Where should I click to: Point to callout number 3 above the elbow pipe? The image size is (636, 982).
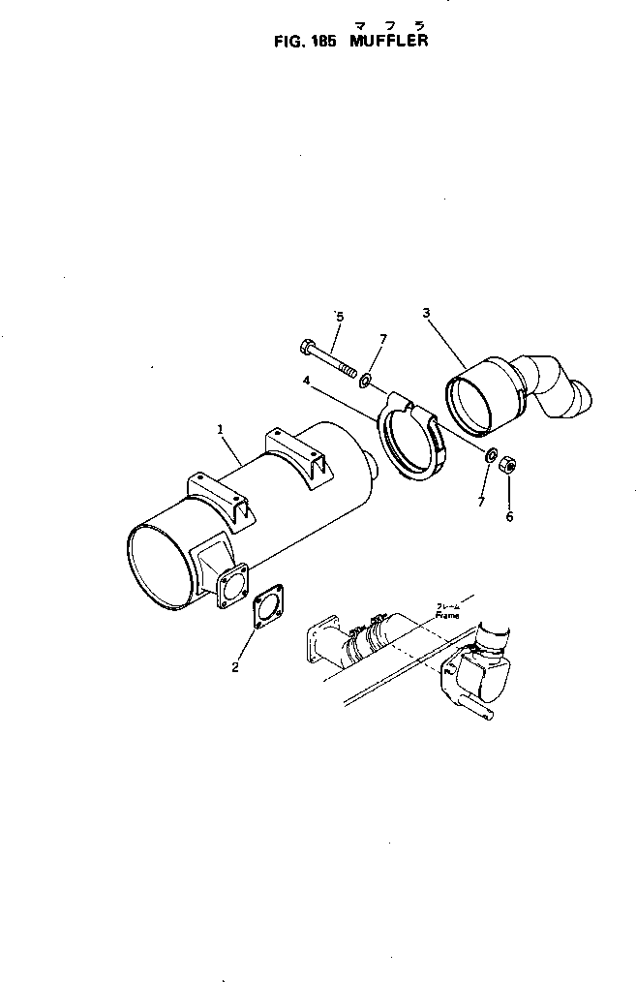[x=426, y=312]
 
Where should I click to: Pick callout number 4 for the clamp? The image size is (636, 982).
[x=306, y=381]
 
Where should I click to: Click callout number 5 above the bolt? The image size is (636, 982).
[x=338, y=316]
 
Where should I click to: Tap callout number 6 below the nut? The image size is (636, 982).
[x=509, y=516]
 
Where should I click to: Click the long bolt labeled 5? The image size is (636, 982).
[x=329, y=359]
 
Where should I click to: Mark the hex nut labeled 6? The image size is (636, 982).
[x=507, y=467]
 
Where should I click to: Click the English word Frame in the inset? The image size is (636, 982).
[x=447, y=615]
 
